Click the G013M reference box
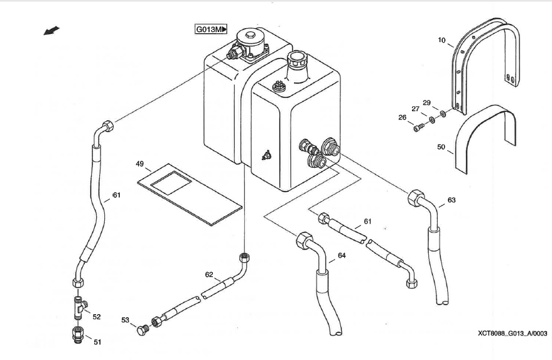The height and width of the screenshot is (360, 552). (210, 30)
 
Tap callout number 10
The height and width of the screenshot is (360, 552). (441, 41)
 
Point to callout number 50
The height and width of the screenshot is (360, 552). (441, 147)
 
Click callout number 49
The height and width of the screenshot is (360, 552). (139, 164)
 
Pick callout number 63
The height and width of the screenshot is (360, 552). (452, 201)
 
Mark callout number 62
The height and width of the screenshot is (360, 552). (210, 274)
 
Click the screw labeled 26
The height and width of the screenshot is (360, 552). (419, 128)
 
